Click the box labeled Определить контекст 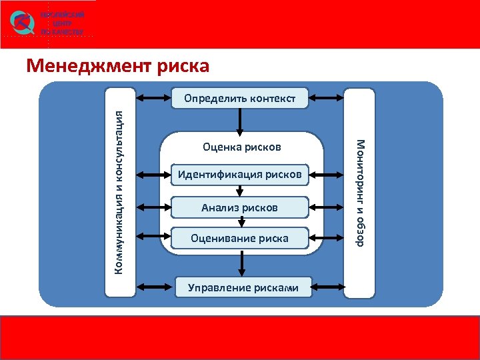240,99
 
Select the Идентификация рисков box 240,175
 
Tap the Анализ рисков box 240,208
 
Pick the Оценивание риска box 240,238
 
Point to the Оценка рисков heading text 242,147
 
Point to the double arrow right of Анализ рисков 327,208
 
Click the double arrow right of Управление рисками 327,287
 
